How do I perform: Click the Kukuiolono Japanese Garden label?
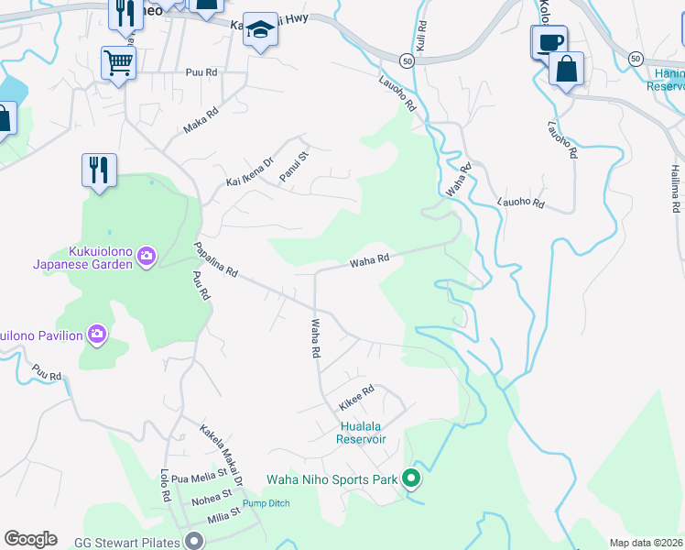coord(82,257)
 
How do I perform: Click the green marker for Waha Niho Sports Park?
coord(411,478)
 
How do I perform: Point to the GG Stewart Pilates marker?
coord(193,540)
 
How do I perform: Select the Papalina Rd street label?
coord(216,260)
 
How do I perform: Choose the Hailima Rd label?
coord(675,187)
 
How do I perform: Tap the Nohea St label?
coord(212,500)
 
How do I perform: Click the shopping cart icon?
coord(118,63)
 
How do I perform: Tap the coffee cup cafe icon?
coord(549,41)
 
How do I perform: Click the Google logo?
coord(30,539)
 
